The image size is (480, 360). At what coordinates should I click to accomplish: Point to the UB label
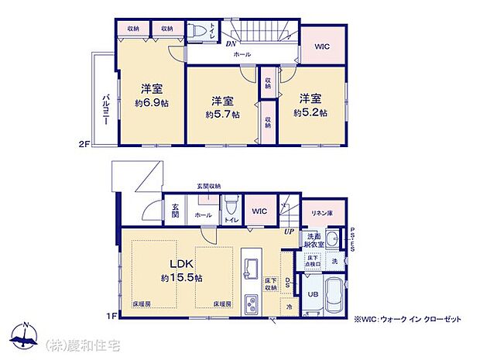[313, 294]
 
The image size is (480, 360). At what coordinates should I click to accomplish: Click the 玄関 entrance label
[174, 210]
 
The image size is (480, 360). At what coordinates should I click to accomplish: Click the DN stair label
[231, 43]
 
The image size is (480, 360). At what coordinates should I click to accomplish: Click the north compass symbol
[26, 334]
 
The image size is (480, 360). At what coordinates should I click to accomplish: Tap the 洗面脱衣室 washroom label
[314, 240]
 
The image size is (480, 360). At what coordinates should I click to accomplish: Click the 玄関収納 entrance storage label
[208, 186]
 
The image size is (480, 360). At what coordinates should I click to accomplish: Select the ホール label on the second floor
[242, 55]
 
